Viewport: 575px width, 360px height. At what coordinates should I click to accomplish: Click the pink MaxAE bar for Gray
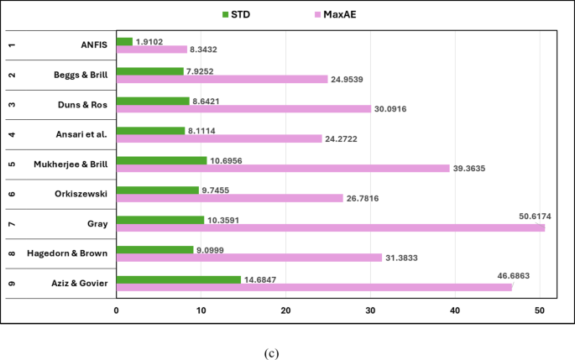point(330,227)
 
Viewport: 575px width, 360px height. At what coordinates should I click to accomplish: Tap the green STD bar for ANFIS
point(124,41)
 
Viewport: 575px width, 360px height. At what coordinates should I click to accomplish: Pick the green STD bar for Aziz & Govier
point(178,279)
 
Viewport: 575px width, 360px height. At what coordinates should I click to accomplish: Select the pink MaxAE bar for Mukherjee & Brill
point(283,168)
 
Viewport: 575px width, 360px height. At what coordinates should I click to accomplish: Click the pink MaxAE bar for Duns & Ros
point(243,108)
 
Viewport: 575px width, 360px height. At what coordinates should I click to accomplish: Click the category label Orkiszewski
point(81,193)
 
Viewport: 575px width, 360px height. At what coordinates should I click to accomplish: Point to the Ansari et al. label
point(81,133)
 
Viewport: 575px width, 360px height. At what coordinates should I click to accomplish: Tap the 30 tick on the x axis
point(370,311)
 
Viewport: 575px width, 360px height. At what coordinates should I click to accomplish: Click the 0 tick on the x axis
point(116,311)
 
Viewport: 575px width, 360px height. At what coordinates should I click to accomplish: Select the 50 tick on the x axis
point(539,311)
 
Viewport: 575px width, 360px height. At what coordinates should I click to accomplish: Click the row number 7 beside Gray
point(11,223)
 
